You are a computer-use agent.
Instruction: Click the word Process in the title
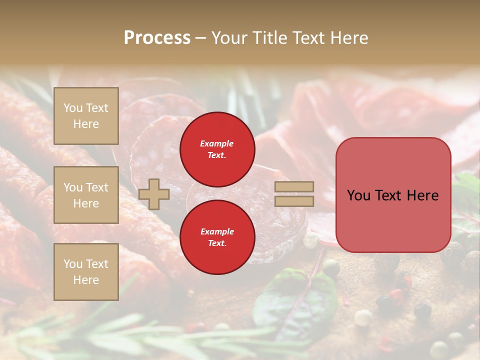[157, 38]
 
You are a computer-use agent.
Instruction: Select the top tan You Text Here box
[86, 116]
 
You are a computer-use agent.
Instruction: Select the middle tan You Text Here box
[86, 195]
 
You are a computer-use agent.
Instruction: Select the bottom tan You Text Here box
[86, 272]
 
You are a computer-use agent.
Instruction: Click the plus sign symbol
[154, 194]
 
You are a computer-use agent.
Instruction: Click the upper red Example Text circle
[217, 149]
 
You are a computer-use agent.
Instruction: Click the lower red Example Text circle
[217, 237]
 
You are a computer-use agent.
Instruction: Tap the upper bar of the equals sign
[294, 187]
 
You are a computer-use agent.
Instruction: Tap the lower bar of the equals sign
[294, 201]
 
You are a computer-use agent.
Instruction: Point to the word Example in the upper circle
[217, 143]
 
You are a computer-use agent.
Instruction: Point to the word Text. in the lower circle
[217, 243]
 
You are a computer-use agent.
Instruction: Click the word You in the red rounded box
[359, 195]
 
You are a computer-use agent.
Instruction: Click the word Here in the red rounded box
[422, 195]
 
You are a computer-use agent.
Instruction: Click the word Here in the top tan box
[86, 124]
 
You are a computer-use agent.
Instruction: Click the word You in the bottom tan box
[73, 264]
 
